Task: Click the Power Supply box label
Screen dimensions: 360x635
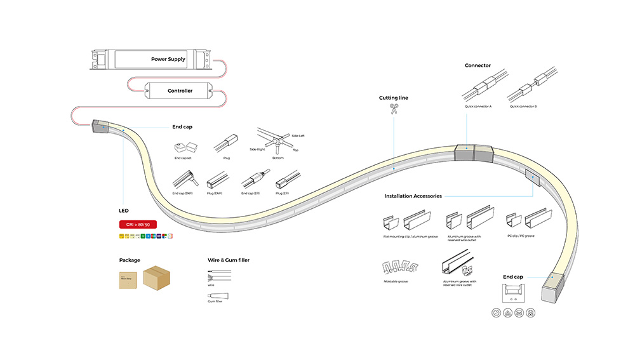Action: [x=168, y=59]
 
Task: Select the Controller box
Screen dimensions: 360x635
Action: [x=180, y=91]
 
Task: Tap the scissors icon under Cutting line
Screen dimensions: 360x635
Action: [x=394, y=109]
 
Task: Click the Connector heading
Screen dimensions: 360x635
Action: [x=478, y=65]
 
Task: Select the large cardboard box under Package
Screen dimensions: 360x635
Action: [x=159, y=278]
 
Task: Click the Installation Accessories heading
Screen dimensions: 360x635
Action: [x=413, y=196]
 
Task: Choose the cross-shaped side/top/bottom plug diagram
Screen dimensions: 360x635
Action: [x=276, y=142]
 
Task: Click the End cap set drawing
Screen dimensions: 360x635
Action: [x=182, y=148]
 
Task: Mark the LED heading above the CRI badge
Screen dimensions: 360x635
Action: [x=124, y=210]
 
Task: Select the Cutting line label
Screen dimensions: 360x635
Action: [x=394, y=98]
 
